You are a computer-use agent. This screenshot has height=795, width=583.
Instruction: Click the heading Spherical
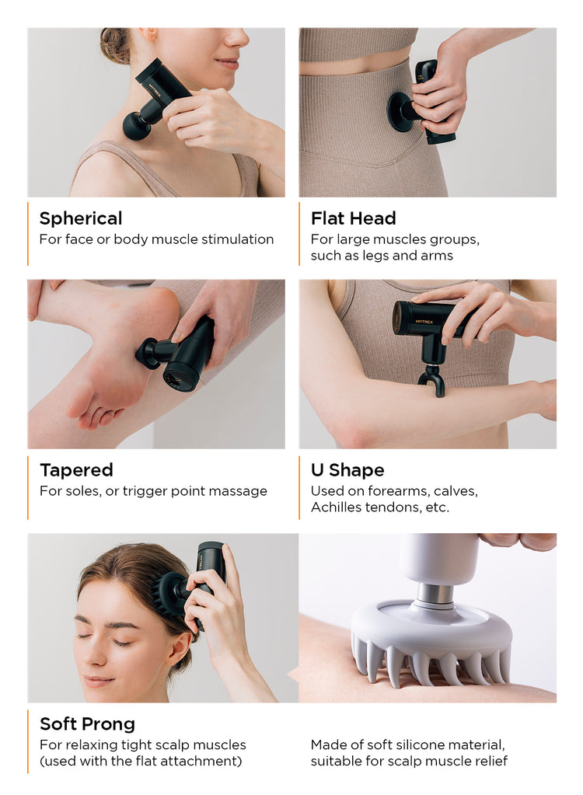pos(81,218)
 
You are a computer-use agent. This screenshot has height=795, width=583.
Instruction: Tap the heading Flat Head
pos(354,218)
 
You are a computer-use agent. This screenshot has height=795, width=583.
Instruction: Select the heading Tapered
pos(76,470)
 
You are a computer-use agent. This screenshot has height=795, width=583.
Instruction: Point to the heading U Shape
pos(347,470)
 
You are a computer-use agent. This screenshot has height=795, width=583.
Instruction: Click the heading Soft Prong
pos(87,724)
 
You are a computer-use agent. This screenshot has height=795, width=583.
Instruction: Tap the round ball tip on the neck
pos(137,125)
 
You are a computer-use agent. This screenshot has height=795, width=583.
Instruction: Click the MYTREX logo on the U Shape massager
pos(424,321)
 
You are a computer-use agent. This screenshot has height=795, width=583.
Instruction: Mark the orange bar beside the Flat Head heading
pos(299,234)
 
